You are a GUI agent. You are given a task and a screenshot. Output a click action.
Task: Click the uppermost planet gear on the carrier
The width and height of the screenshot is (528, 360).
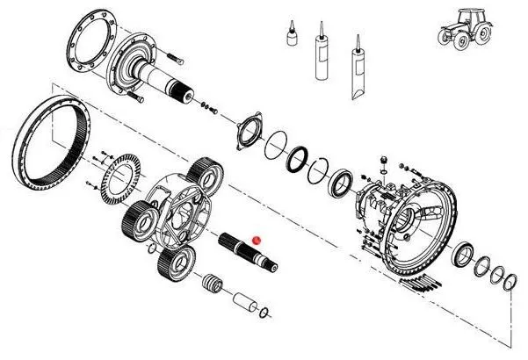tap(204, 169)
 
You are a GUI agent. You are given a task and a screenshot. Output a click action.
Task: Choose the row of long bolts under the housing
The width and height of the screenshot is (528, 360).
tap(430, 281)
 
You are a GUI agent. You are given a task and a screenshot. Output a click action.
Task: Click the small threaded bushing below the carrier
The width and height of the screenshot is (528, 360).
tap(211, 284)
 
